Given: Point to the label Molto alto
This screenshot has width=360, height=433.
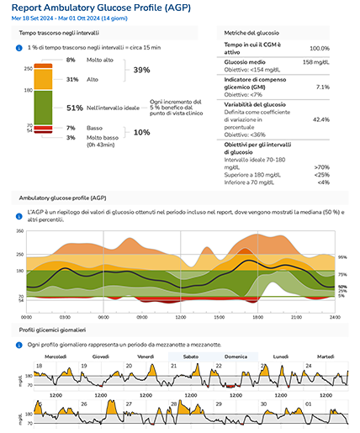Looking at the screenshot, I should pos(103,61).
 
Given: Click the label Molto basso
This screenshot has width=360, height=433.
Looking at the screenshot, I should pos(105,137).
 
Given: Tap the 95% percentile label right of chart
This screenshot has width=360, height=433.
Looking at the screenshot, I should pos(342,256).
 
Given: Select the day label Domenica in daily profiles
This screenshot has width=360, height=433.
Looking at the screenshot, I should pos(236,356).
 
